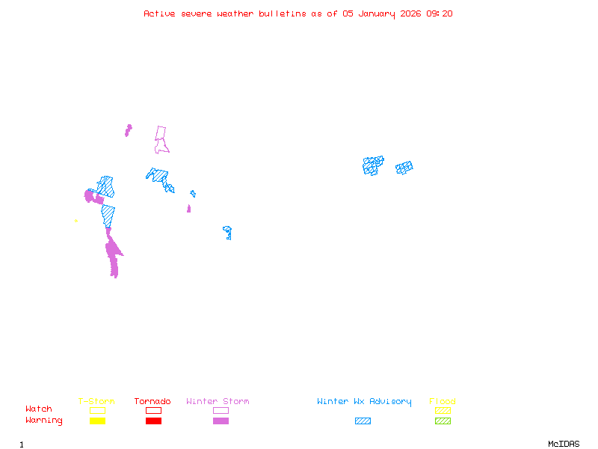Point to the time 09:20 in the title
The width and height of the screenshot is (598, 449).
(x=440, y=13)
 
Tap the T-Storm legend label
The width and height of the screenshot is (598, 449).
(x=96, y=402)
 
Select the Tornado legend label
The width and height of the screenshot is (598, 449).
(x=152, y=402)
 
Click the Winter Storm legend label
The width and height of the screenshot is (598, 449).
(x=218, y=402)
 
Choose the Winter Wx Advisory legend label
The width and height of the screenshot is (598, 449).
(x=364, y=402)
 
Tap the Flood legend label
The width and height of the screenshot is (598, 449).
(x=443, y=402)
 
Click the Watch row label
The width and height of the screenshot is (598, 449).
(x=39, y=409)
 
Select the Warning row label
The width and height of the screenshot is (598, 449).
(x=44, y=421)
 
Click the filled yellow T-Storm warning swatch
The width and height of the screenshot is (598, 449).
(x=97, y=421)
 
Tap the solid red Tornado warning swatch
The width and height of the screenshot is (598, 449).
(x=153, y=421)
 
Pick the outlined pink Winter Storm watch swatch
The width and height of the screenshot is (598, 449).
(x=221, y=410)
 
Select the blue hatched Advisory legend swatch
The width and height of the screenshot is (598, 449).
(x=363, y=421)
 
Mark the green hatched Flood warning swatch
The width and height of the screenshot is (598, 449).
(x=443, y=421)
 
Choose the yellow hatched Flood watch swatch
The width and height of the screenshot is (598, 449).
(x=443, y=410)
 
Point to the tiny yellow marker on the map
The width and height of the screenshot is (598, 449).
(x=76, y=221)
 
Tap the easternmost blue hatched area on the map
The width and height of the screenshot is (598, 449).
(x=404, y=168)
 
